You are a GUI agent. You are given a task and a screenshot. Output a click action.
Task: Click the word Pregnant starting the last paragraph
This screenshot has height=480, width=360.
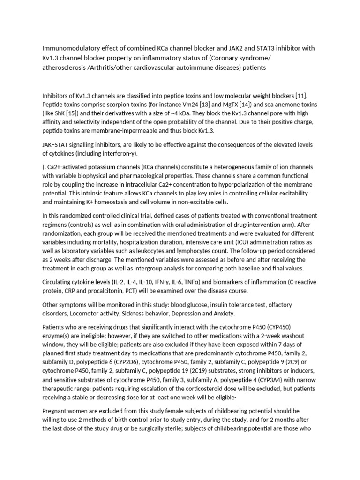tap(55, 411)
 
